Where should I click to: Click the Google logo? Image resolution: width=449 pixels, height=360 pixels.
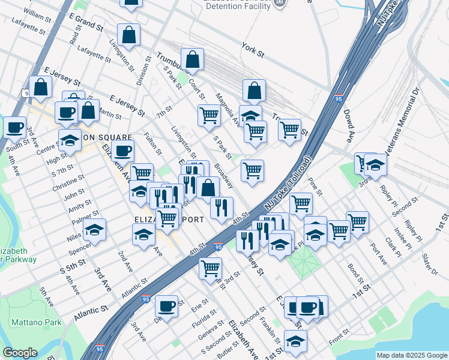pyautogui.click(x=20, y=353)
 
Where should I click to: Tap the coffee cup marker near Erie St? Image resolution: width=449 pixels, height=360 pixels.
pyautogui.click(x=166, y=306)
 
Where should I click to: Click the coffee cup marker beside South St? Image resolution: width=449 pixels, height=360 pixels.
pyautogui.click(x=14, y=127)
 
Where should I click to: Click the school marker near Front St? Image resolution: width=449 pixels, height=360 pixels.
pyautogui.click(x=295, y=341)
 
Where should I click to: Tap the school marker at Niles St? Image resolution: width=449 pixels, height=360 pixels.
pyautogui.click(x=94, y=230)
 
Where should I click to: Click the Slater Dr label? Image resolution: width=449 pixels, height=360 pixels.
pyautogui.click(x=430, y=264)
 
